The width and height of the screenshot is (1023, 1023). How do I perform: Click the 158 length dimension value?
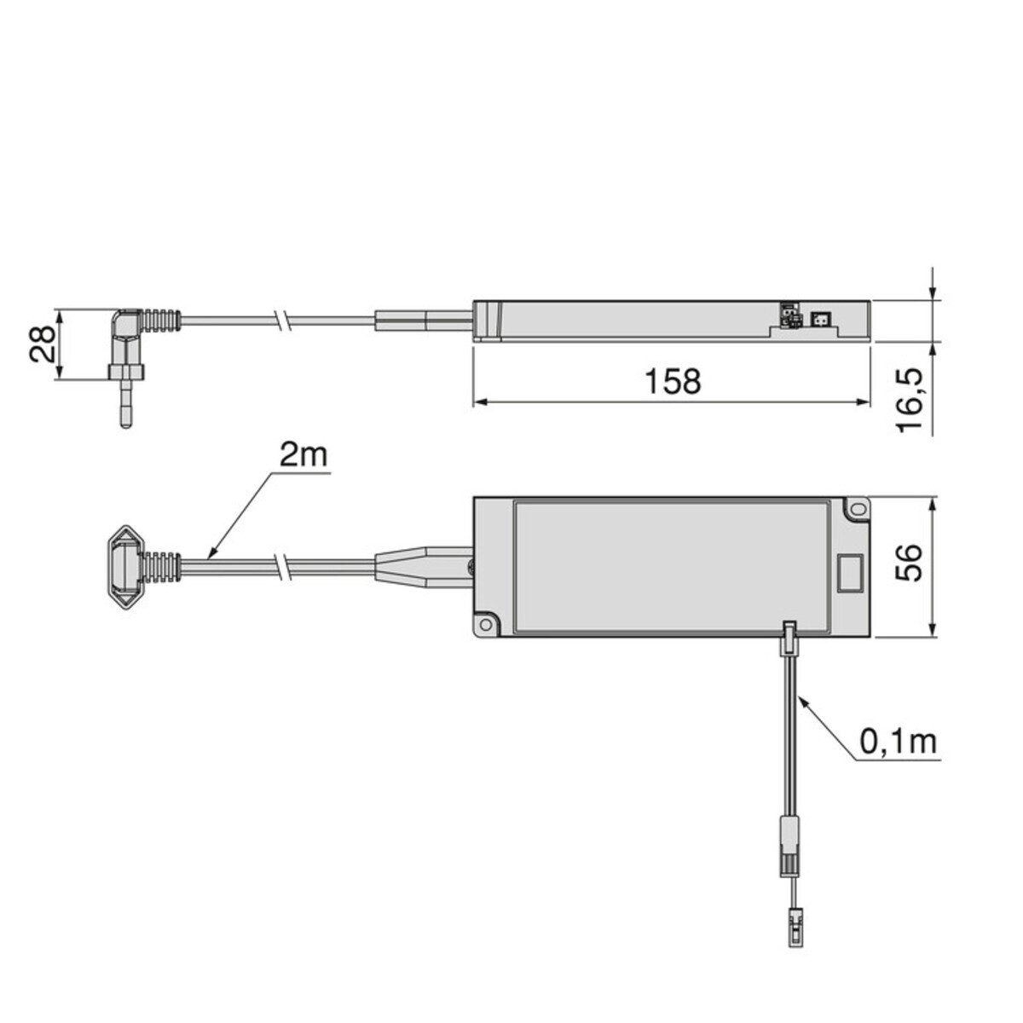(673, 381)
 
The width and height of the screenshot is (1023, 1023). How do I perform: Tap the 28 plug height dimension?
(42, 344)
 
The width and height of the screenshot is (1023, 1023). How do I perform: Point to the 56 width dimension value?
(910, 563)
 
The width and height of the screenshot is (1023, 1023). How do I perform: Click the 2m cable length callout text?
(303, 455)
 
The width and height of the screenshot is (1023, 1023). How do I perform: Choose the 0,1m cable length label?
(898, 742)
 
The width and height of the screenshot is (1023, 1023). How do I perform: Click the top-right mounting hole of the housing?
(857, 509)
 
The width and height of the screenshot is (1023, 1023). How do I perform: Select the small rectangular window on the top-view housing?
(851, 574)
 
